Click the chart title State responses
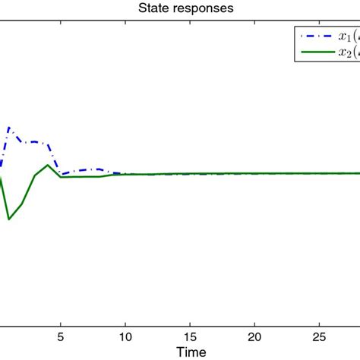[180, 8]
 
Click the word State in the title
[152, 8]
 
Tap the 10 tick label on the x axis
[125, 336]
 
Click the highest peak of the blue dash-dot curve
[9, 127]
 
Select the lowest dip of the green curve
[9, 219]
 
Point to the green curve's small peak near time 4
[48, 165]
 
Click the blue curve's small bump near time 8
[99, 169]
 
